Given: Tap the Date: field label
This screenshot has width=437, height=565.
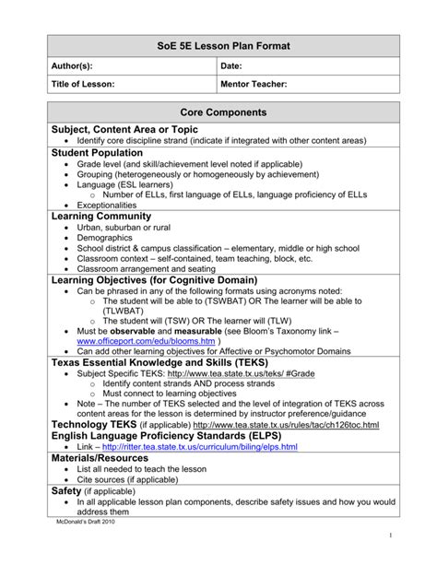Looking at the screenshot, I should pyautogui.click(x=232, y=65).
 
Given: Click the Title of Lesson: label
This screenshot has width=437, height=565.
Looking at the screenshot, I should pyautogui.click(x=83, y=84).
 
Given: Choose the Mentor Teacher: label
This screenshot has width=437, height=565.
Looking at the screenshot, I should pyautogui.click(x=254, y=84).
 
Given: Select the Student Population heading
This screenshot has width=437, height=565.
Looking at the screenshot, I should pyautogui.click(x=98, y=152).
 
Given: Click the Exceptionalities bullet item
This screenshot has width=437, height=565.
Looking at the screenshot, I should pyautogui.click(x=106, y=206).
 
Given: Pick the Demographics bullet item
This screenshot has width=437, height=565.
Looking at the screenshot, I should pyautogui.click(x=105, y=238).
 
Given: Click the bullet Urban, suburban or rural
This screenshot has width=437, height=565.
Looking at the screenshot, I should pyautogui.click(x=124, y=227).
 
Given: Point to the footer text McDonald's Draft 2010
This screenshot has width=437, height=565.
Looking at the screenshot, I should pyautogui.click(x=84, y=522).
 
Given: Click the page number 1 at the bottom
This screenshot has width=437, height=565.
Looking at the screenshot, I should pyautogui.click(x=390, y=536).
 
